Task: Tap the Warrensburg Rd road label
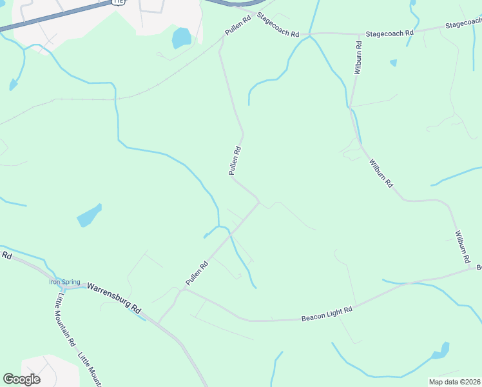114,297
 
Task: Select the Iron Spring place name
64,282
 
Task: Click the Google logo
21,379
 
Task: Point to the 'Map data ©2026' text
454,381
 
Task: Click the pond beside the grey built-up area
182,38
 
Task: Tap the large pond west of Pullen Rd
89,215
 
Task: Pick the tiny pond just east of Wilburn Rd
393,63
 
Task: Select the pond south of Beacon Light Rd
441,352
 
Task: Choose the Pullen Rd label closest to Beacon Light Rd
197,273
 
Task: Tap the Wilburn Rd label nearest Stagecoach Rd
358,58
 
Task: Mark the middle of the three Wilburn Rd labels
381,172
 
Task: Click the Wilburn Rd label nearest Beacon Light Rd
461,246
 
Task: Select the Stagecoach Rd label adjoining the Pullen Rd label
278,25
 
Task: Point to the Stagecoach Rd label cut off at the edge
463,24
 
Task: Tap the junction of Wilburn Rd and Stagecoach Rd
359,34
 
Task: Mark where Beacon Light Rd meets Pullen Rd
182,290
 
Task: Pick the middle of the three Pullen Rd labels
235,161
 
